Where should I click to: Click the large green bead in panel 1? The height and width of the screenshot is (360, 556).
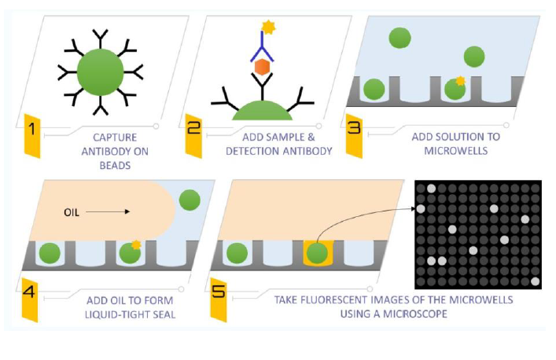pos(99,70)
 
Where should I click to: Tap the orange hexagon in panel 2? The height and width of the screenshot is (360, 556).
pos(262,70)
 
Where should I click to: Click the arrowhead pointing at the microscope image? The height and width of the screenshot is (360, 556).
pos(415,208)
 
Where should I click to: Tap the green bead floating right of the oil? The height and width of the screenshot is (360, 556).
pos(188,200)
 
